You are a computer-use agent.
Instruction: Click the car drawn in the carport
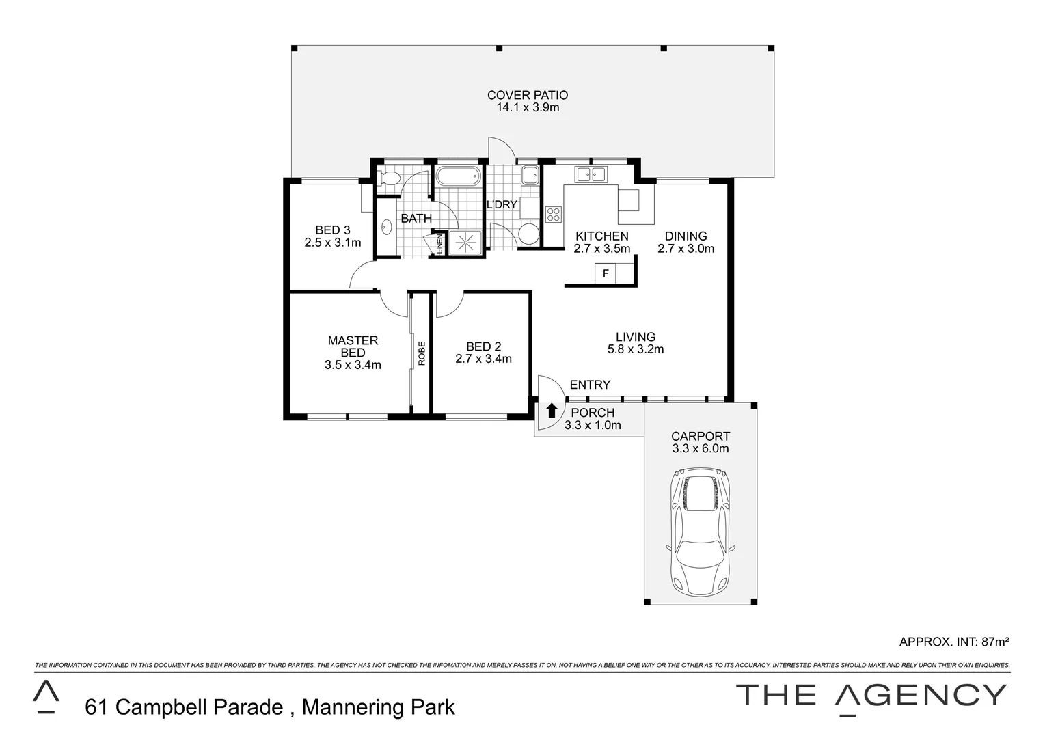(701, 531)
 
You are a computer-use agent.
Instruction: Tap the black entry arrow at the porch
(552, 411)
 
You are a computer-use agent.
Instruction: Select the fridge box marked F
(606, 274)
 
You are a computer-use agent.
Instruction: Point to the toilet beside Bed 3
(390, 179)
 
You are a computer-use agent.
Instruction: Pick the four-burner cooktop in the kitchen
(553, 215)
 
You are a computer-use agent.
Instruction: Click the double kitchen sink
(591, 174)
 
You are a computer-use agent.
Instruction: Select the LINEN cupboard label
(439, 244)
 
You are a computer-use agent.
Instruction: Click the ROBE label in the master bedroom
(422, 353)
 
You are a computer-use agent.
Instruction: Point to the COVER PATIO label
(527, 95)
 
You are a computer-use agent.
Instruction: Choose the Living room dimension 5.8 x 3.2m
(636, 349)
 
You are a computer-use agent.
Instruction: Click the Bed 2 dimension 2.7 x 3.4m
(483, 359)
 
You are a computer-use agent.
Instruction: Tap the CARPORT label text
(700, 436)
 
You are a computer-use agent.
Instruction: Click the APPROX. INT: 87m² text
(954, 642)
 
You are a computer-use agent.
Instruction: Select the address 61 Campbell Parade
(184, 707)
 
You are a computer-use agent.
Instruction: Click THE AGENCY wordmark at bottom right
(871, 696)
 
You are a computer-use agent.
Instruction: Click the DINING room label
(686, 236)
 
